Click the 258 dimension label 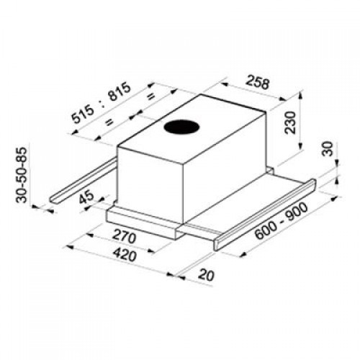click(x=258, y=81)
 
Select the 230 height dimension click(x=289, y=122)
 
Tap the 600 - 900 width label click(x=281, y=221)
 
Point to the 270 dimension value click(x=124, y=235)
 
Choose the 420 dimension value click(x=125, y=254)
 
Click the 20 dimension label click(x=206, y=275)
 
